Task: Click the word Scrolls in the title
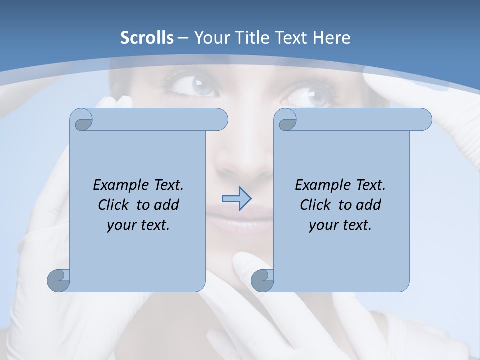coord(147,38)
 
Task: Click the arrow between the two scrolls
coord(236,198)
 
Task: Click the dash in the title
coord(183,38)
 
